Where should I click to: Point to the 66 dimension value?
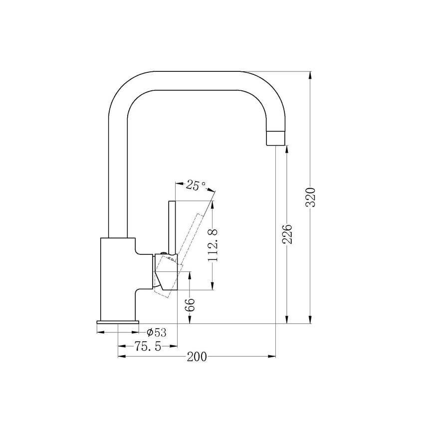[190, 305]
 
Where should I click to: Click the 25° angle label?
[196, 186]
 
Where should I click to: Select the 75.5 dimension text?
[147, 346]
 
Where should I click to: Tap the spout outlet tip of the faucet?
[277, 138]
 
